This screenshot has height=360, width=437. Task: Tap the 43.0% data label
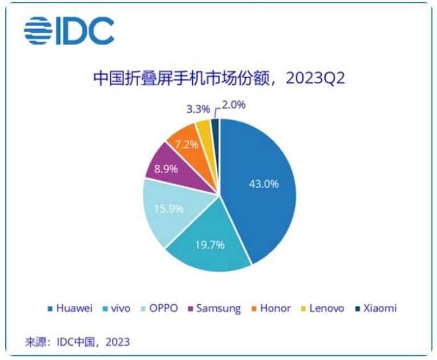tap(264, 184)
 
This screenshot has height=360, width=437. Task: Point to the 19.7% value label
tap(209, 245)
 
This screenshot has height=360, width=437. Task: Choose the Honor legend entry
tap(270, 309)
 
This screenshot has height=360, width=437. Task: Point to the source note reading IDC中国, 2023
tap(76, 342)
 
